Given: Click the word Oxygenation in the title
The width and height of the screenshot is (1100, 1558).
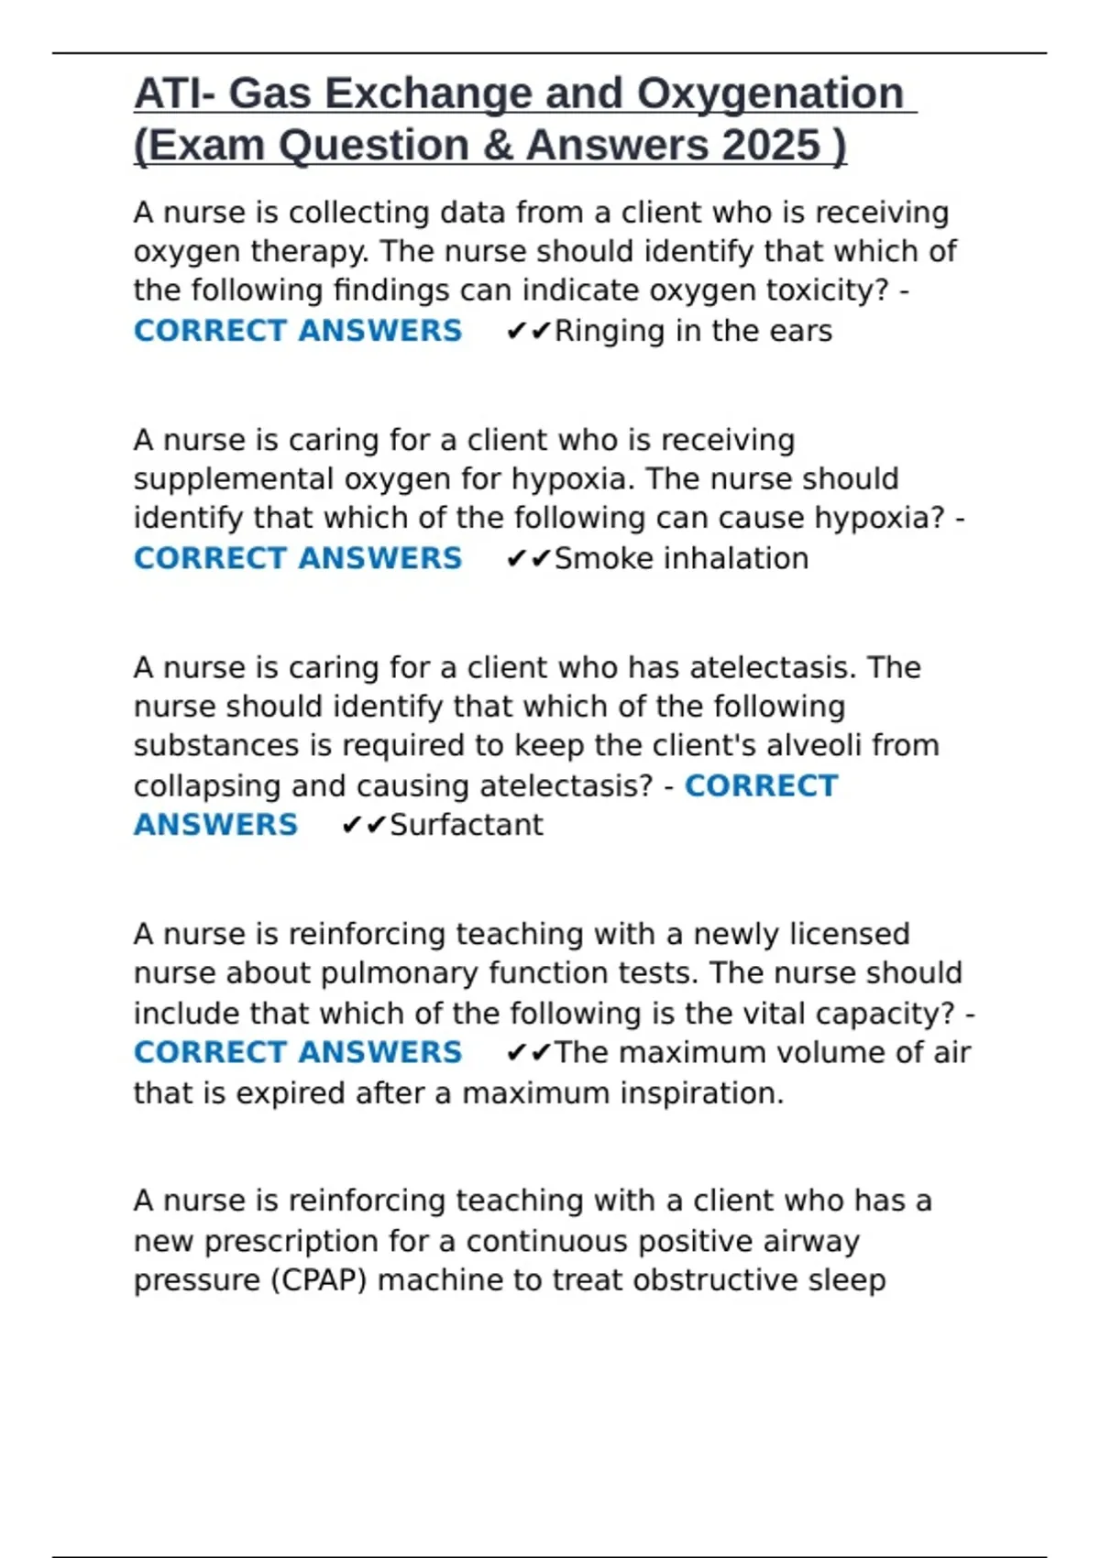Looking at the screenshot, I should pos(770,93).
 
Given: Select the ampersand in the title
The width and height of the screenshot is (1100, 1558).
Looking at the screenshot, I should pos(499,146).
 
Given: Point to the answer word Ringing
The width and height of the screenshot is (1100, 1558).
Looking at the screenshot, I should pos(609,331).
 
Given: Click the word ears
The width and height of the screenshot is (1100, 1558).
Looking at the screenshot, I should pos(801,331).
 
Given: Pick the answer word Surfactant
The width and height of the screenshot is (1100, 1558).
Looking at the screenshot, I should pos(467,825).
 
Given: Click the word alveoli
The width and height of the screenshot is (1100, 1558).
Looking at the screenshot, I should pos(814,745).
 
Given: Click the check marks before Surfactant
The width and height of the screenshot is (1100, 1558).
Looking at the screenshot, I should pos(363,826).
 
